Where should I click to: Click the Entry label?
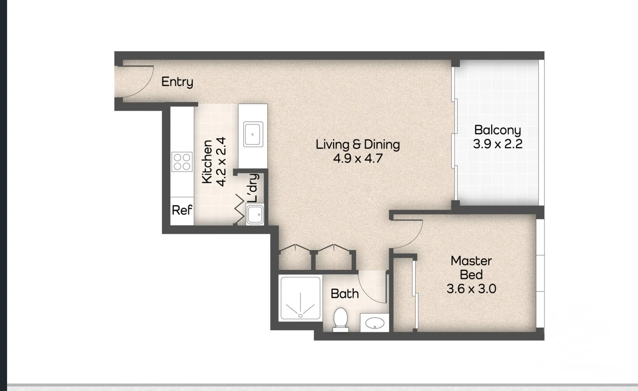point(177,82)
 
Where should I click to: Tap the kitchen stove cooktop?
point(182,162)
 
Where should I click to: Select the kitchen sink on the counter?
point(253,134)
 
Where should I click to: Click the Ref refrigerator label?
point(182,210)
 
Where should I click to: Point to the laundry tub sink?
point(255,214)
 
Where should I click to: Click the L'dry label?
point(253,188)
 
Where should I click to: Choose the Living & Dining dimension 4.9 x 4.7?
point(358,158)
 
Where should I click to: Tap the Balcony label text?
point(498,130)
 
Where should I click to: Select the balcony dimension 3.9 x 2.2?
point(498,144)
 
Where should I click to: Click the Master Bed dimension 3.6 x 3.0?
point(471,289)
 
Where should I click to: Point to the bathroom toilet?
point(341,319)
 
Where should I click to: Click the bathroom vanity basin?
point(375,323)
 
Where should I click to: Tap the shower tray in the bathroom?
point(301,298)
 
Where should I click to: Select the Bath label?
point(345,294)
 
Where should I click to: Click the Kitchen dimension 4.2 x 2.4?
point(221,162)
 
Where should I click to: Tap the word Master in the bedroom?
point(471,261)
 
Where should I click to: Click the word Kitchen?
point(207,162)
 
